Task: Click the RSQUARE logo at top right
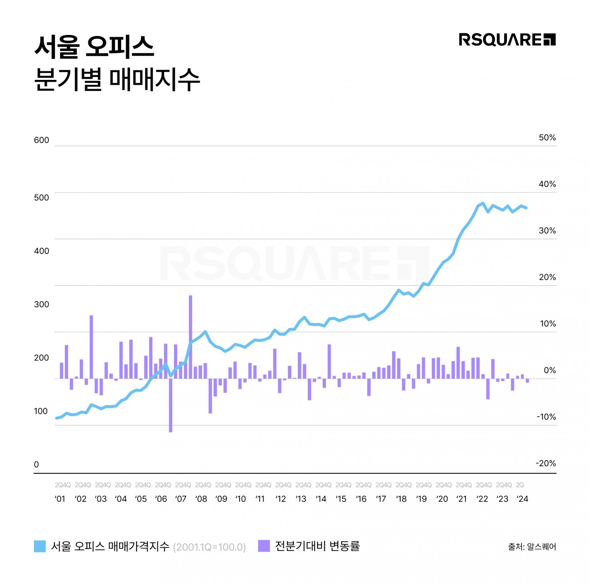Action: pos(507,40)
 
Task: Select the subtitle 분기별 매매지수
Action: pos(117,79)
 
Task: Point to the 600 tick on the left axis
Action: pos(41,140)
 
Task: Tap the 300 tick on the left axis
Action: pos(41,304)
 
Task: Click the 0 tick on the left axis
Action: pos(36,464)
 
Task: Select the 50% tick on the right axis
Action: pos(547,138)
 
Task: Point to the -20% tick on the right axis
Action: pos(546,463)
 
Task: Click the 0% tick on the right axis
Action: pos(549,370)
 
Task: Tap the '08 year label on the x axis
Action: pos(201,499)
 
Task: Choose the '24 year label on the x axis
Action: pos(522,499)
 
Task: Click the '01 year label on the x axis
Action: pos(60,499)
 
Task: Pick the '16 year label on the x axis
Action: pos(361,499)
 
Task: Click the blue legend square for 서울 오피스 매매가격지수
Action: pos(40,546)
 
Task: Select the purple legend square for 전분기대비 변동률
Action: pos(264,546)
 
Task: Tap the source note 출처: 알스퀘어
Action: pos(532,547)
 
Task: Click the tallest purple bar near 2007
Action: pos(190,336)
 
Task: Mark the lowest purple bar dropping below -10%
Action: pos(171,405)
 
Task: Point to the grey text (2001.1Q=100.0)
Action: pos(209,547)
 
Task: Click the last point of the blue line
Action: pos(527,208)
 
